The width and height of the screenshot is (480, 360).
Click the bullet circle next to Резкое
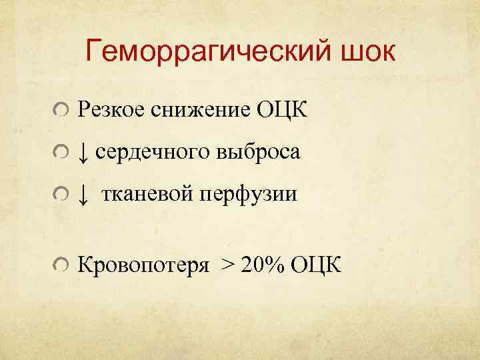pyautogui.click(x=61, y=110)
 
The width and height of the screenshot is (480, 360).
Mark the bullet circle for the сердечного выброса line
pyautogui.click(x=61, y=153)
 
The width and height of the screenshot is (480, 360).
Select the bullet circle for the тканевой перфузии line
pyautogui.click(x=61, y=196)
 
